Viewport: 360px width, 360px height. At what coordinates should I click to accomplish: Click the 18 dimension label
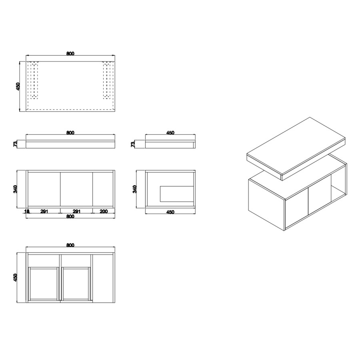tap(27, 211)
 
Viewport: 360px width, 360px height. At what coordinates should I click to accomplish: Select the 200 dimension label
tap(104, 211)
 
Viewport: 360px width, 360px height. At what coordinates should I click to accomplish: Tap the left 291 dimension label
tap(44, 211)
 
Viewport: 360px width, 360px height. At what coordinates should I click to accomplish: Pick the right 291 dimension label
tap(76, 211)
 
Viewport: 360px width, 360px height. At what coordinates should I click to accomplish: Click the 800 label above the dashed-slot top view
tap(70, 54)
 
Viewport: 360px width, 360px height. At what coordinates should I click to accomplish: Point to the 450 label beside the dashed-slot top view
tap(18, 86)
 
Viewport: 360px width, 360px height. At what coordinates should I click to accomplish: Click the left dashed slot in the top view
tap(34, 80)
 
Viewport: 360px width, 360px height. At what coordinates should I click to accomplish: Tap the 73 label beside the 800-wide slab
tap(15, 144)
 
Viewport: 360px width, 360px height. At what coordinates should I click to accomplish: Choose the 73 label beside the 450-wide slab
tap(133, 144)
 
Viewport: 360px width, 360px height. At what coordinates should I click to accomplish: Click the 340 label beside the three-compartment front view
tap(15, 189)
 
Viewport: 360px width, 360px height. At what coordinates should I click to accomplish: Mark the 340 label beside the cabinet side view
tap(135, 189)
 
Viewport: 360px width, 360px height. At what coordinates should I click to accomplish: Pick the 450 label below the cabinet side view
tap(170, 212)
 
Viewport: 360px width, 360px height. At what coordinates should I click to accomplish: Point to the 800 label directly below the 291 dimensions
tap(70, 216)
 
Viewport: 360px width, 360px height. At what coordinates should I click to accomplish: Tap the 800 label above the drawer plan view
tap(70, 245)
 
